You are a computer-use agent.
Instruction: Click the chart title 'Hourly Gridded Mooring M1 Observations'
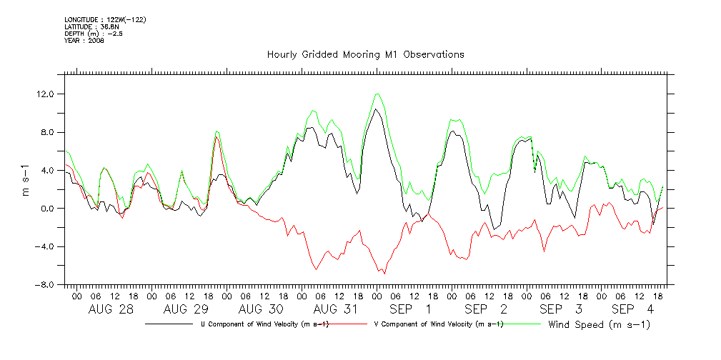[365, 54]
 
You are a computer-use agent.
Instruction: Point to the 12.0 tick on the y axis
[48, 94]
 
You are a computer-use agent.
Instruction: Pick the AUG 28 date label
[111, 309]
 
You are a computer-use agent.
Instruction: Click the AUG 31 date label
[336, 309]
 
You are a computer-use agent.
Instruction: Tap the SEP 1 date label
[409, 309]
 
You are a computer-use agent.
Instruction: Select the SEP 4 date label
[632, 309]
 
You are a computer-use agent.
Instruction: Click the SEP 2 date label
[486, 309]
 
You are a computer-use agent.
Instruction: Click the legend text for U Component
[264, 325]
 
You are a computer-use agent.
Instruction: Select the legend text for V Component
[439, 325]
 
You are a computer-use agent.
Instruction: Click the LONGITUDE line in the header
[105, 19]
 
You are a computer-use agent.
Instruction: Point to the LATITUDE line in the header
[88, 26]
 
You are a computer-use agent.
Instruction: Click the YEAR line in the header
[84, 41]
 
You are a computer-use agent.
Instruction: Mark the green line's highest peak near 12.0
[377, 94]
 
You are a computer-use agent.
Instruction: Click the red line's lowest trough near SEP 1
[384, 274]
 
